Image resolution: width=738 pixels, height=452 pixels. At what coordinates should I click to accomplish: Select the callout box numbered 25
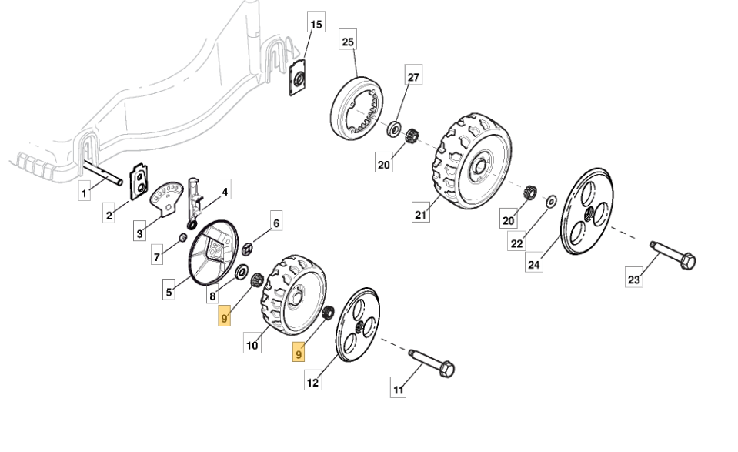point(348,42)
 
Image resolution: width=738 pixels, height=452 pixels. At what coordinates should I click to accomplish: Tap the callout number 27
point(413,78)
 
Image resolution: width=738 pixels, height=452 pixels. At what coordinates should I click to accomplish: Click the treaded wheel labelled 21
point(470,162)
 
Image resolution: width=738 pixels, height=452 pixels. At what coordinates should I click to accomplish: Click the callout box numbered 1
point(85,193)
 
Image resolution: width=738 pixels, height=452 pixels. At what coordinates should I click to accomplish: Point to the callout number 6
point(276,223)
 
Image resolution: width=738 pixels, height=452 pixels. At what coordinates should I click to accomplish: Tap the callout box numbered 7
point(157,256)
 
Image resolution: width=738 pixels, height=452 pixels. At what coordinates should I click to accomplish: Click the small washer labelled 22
point(551,202)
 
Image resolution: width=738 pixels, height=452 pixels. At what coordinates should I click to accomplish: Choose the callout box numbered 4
point(225,192)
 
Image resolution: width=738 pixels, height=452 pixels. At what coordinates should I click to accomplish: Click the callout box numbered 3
point(140,233)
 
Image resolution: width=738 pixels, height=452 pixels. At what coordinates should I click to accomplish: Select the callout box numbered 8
point(212,296)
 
